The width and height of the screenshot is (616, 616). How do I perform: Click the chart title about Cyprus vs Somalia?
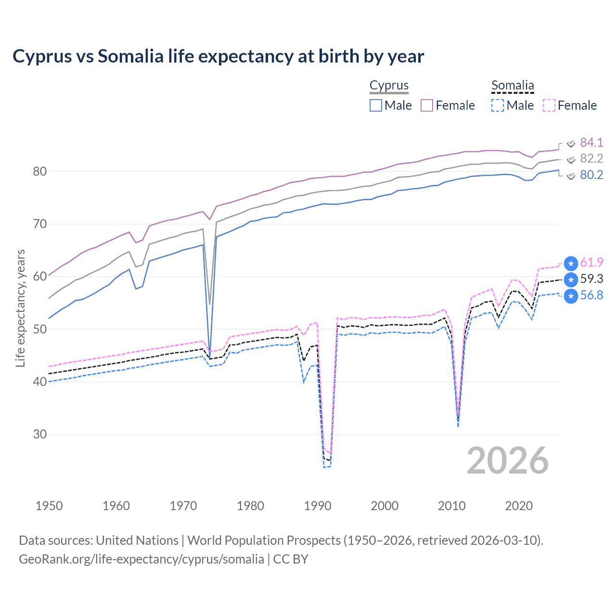point(218,56)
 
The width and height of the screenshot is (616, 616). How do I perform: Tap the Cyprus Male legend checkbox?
point(376,105)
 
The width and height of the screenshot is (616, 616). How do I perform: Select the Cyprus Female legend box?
point(427,105)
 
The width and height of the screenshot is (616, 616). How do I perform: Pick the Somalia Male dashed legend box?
point(498,105)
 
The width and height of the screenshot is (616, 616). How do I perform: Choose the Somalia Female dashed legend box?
point(549,105)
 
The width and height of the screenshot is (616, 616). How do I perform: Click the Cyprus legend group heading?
point(389,85)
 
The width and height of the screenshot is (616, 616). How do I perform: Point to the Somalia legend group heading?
point(513,85)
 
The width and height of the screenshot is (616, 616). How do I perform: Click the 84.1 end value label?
point(591,142)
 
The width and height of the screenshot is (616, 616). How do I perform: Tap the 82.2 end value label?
point(591,159)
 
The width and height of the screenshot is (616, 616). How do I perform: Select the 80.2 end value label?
point(591,175)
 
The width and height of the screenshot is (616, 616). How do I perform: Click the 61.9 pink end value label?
point(591,263)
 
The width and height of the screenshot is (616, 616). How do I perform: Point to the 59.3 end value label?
point(591,279)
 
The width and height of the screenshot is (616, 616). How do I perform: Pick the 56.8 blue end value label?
point(591,295)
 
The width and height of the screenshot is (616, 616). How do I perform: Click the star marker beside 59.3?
point(571,280)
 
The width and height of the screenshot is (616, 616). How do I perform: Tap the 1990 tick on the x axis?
point(318,506)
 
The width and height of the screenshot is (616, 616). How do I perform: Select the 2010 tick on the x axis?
point(452,506)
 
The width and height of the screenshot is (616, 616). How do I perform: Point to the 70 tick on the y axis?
point(40,224)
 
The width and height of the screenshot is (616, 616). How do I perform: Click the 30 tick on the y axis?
point(40,434)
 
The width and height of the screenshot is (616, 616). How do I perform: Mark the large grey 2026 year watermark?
point(507,461)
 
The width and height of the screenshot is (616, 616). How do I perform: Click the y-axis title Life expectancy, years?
point(20,308)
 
